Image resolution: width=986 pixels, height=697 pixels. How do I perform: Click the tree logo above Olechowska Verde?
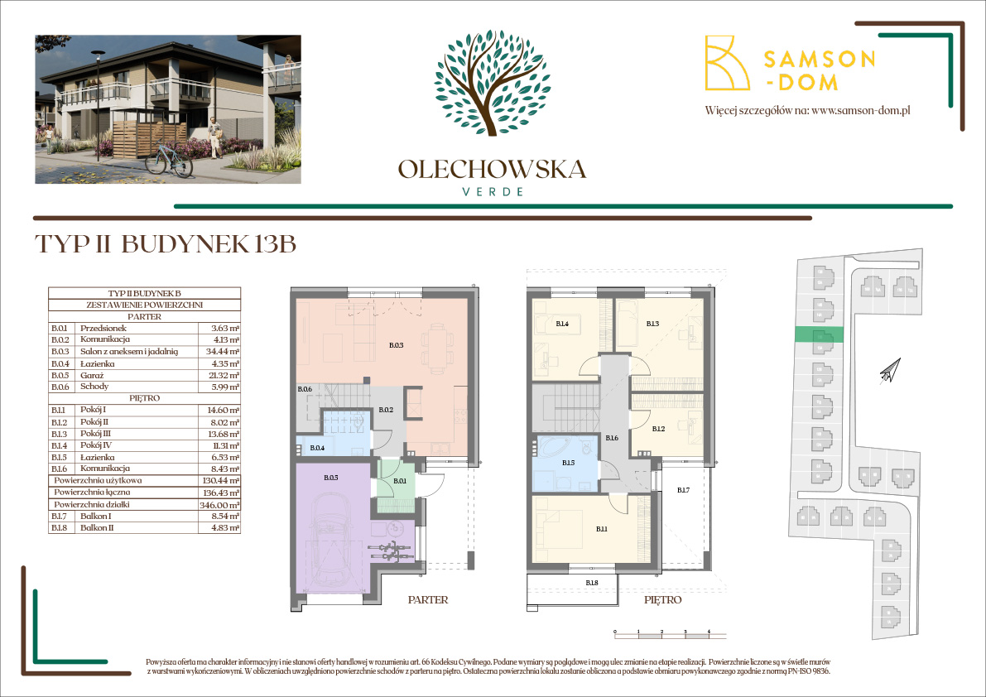492,83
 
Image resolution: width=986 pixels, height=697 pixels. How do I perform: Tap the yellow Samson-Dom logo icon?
725,63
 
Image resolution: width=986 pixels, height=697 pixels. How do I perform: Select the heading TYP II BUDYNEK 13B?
166,245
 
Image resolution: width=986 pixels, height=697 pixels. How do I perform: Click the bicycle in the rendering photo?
170,157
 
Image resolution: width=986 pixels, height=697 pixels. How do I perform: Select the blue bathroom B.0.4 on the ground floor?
318,449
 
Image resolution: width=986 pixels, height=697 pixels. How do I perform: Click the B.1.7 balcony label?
683,491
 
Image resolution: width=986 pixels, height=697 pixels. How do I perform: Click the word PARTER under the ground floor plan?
428,600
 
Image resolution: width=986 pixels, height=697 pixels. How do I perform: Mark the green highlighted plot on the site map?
819,334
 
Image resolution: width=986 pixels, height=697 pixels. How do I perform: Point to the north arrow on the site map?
887,371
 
